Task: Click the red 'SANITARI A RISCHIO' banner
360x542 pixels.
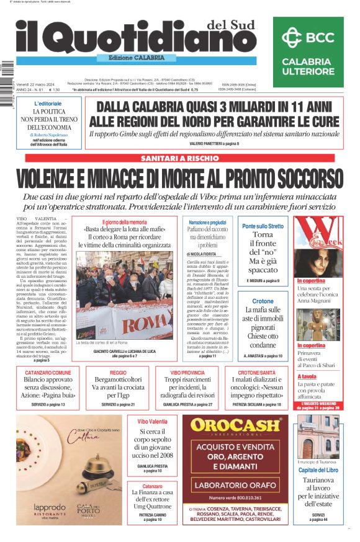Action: (x=179, y=158)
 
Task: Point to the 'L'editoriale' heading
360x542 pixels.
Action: (x=48, y=103)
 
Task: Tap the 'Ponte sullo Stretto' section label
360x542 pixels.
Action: (x=263, y=226)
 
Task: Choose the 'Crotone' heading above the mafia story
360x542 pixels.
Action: (x=263, y=301)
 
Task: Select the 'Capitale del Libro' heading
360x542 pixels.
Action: (x=318, y=470)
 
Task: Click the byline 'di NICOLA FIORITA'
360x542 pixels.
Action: (x=201, y=254)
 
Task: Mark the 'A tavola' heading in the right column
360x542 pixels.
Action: (x=307, y=376)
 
